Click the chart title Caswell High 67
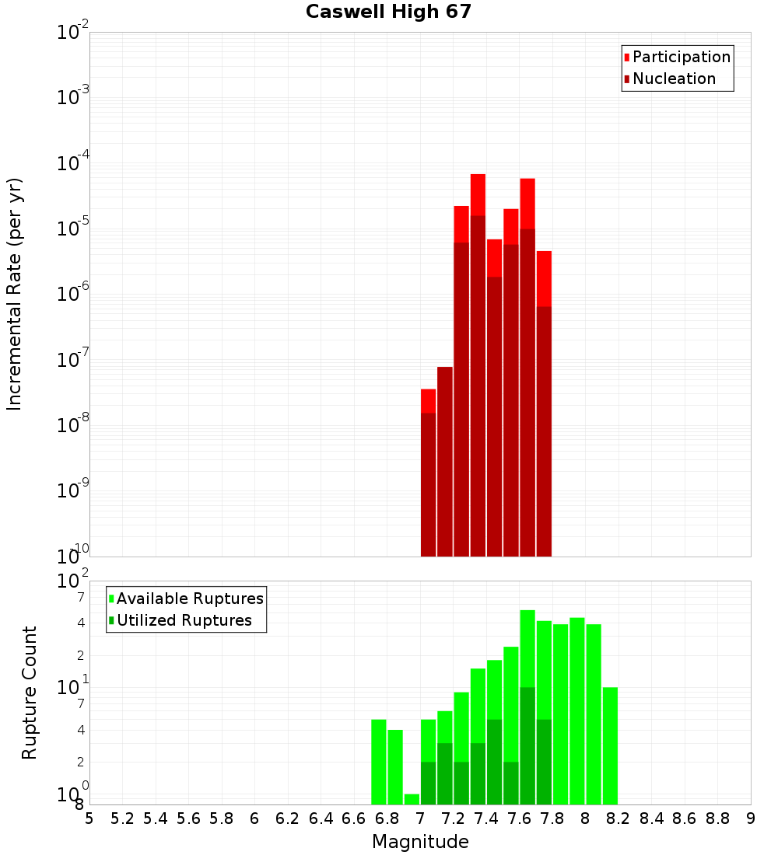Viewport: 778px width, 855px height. coord(388,12)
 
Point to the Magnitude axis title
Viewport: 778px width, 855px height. coord(420,842)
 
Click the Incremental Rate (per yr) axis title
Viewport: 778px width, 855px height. coord(15,294)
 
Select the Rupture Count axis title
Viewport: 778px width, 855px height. coord(30,693)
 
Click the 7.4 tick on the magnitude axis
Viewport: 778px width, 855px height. coord(486,818)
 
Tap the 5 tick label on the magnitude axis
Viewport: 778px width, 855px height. coord(89,818)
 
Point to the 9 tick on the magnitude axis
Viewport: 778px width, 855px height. coord(751,818)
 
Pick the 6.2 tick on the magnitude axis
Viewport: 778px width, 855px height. coord(288,818)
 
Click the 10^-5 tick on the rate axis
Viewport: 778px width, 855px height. coord(73,229)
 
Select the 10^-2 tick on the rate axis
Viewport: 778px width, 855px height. coord(73,33)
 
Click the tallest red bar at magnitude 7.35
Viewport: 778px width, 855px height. coord(478,365)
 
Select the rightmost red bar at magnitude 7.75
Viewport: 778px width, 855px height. coord(544,404)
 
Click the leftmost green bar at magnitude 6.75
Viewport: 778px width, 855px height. coord(379,762)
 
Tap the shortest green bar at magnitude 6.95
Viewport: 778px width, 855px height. coord(412,799)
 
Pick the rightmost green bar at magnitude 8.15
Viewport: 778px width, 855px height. coord(610,746)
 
